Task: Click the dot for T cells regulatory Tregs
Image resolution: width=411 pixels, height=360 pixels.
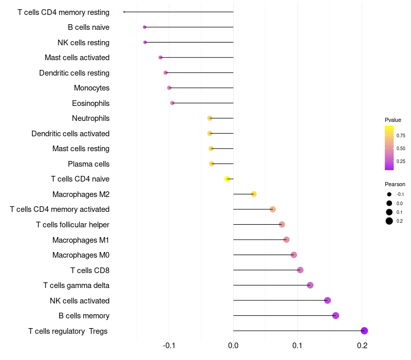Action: (364, 331)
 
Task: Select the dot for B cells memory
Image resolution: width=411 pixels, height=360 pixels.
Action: (335, 316)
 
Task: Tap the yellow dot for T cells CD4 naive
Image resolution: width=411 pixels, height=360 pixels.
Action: (227, 179)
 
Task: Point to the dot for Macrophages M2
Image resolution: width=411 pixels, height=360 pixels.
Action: (254, 194)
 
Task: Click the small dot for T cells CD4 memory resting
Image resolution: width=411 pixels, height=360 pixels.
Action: (124, 12)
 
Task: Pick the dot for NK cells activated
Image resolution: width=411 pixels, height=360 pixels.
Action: (327, 300)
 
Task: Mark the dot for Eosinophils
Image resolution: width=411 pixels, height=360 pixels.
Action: (173, 103)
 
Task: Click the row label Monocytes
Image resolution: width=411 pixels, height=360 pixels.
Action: (91, 88)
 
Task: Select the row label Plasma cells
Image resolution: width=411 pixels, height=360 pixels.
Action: (88, 164)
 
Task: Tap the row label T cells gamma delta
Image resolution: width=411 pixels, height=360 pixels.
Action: (76, 285)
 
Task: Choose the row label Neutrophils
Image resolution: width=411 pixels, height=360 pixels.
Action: (90, 118)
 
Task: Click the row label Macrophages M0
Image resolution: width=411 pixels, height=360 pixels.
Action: (81, 255)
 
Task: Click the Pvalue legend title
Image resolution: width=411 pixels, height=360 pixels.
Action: (393, 120)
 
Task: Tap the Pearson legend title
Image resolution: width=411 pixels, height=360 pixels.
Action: (395, 184)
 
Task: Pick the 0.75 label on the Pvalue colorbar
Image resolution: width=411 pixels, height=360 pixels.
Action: (401, 136)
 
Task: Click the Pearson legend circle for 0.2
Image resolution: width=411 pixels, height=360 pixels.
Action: (389, 221)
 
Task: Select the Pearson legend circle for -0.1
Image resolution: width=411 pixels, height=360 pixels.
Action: (389, 194)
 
